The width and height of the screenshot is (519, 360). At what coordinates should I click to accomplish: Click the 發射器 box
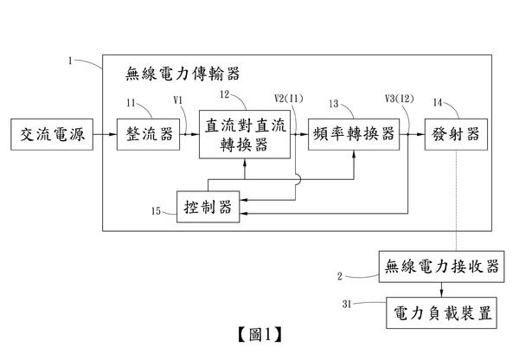click(x=452, y=134)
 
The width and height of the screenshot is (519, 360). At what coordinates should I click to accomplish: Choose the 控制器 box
click(x=208, y=206)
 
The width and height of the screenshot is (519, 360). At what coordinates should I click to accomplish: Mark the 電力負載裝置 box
click(x=439, y=310)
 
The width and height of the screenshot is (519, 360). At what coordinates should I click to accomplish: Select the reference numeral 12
click(x=223, y=94)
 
